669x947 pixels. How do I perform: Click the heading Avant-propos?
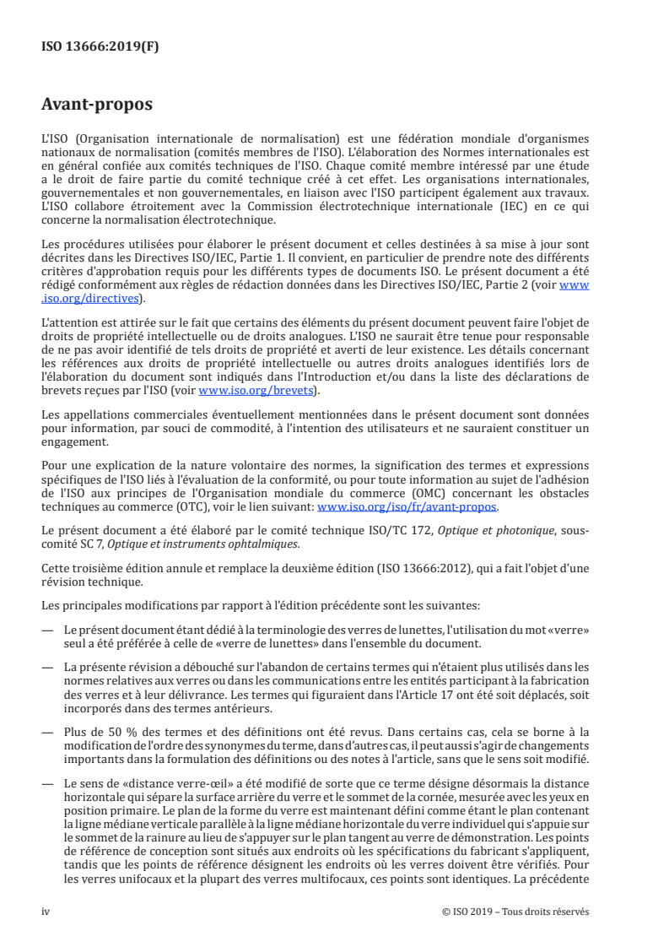pos(97,106)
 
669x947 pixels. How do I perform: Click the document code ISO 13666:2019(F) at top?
pos(100,46)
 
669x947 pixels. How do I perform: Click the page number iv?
pos(46,912)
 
